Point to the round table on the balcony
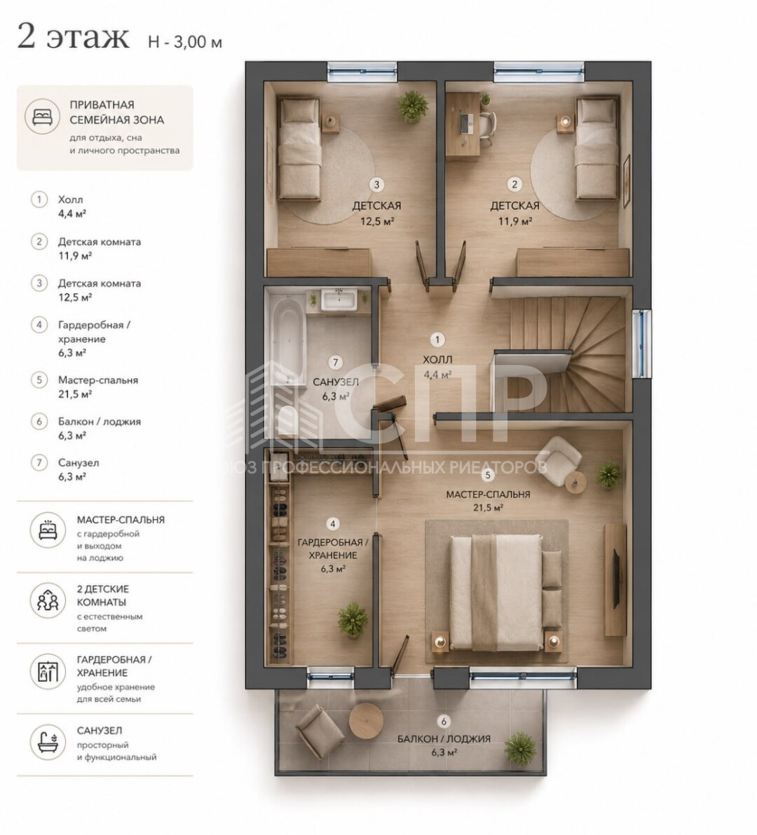[366, 721]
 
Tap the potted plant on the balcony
[520, 748]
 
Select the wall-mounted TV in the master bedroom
[616, 579]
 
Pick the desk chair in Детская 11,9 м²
[486, 127]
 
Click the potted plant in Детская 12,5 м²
[413, 106]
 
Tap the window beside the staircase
[641, 343]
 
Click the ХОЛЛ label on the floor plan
[437, 360]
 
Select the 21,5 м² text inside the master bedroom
[488, 507]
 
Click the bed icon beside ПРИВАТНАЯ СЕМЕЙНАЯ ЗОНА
[43, 116]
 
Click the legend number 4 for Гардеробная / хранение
[39, 324]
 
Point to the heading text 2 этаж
[74, 37]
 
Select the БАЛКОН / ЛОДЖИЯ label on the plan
[444, 739]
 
